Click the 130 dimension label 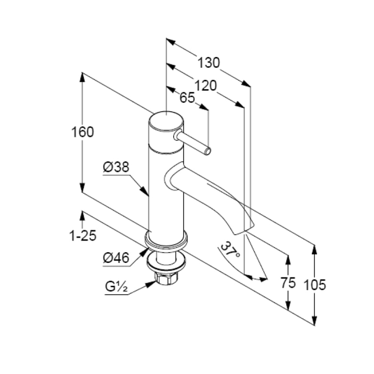[208, 63]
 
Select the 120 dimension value [206, 86]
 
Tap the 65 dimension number [187, 98]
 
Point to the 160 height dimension [83, 132]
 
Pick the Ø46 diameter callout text [116, 258]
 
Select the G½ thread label [116, 287]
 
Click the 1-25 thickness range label [83, 236]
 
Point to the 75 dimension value [288, 283]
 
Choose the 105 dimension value [315, 285]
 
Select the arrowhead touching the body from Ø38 [144, 191]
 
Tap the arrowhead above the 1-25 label [83, 216]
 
